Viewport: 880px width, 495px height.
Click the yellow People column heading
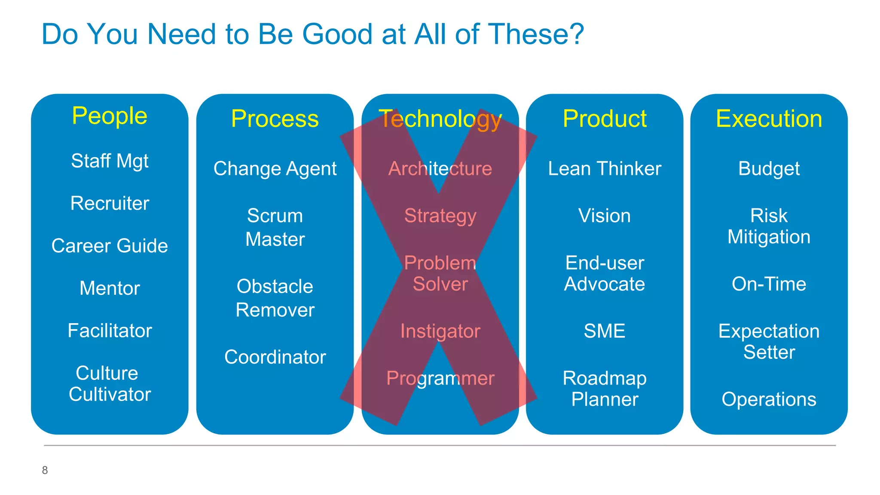pyautogui.click(x=110, y=116)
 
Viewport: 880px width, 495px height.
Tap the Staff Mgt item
pyautogui.click(x=110, y=161)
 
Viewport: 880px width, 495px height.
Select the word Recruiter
pyautogui.click(x=110, y=203)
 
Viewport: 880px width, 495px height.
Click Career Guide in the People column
pyautogui.click(x=110, y=246)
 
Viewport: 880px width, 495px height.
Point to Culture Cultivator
pyautogui.click(x=110, y=384)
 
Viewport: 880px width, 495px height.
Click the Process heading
pyautogui.click(x=275, y=119)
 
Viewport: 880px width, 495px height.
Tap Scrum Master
pyautogui.click(x=275, y=227)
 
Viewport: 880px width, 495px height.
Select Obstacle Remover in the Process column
pyautogui.click(x=275, y=298)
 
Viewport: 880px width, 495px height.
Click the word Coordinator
pyautogui.click(x=275, y=357)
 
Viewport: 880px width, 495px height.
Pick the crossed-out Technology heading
pyautogui.click(x=440, y=119)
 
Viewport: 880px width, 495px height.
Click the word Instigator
pyautogui.click(x=440, y=331)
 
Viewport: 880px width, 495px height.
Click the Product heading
pyautogui.click(x=605, y=119)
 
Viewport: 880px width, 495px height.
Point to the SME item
pyautogui.click(x=605, y=331)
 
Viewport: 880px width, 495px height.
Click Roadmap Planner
pyautogui.click(x=605, y=389)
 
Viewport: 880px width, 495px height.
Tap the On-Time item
pyautogui.click(x=769, y=284)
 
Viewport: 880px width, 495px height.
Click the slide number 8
pyautogui.click(x=45, y=471)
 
